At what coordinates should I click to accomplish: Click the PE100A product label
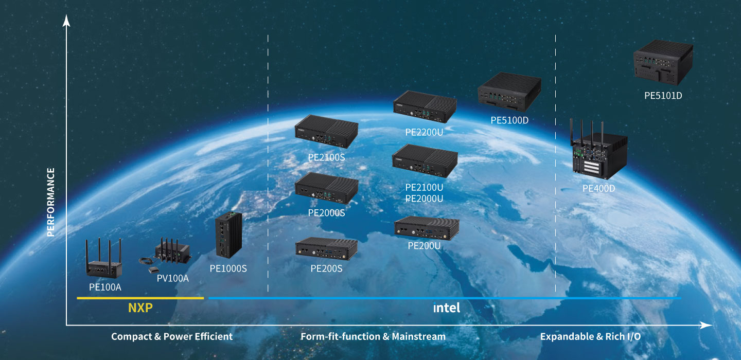(105, 287)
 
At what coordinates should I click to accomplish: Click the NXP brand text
(140, 308)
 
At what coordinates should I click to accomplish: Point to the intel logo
(446, 308)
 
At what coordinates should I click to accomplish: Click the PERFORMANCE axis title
(50, 202)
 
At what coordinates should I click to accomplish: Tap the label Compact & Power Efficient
(172, 336)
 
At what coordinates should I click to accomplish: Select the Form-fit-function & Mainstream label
(373, 336)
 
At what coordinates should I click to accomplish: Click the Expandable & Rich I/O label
(590, 336)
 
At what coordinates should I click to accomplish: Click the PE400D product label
(598, 188)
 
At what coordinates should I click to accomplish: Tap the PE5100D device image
(509, 92)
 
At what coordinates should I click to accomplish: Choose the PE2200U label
(424, 132)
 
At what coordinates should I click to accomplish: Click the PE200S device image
(326, 249)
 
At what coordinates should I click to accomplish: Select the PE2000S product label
(326, 212)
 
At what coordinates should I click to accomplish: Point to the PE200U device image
(426, 228)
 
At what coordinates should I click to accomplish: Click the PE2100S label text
(326, 157)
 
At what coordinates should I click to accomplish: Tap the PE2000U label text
(424, 199)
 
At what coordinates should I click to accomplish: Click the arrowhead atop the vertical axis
(66, 20)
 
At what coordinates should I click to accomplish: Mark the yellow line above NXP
(140, 298)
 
